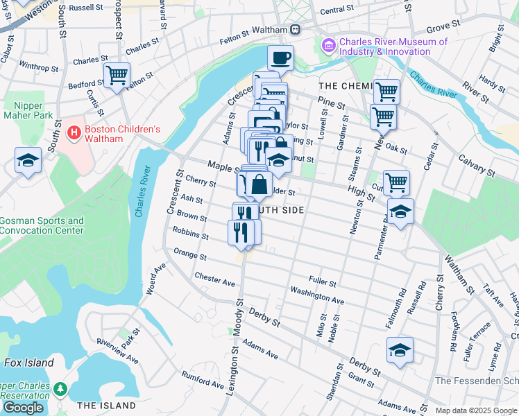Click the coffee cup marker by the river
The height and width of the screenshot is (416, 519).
(x=280, y=58)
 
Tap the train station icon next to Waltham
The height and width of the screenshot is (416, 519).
(x=296, y=30)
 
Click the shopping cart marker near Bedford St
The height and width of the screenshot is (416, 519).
(x=117, y=74)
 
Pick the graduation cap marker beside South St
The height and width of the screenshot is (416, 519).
(x=28, y=161)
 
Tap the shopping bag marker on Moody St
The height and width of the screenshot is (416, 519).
(x=259, y=185)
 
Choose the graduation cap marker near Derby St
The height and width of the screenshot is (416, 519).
(x=400, y=350)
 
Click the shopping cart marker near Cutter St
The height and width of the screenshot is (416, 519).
(x=396, y=183)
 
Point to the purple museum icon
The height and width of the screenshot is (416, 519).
(x=329, y=45)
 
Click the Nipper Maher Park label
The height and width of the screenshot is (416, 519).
(x=24, y=110)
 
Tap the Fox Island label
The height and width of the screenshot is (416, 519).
(x=28, y=363)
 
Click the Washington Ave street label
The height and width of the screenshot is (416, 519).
(x=317, y=295)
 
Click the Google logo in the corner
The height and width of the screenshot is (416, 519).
(x=24, y=407)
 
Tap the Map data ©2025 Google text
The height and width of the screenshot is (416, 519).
(x=476, y=410)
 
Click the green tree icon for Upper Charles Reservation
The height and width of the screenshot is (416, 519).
(x=61, y=388)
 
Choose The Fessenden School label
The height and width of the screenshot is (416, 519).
(x=476, y=381)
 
